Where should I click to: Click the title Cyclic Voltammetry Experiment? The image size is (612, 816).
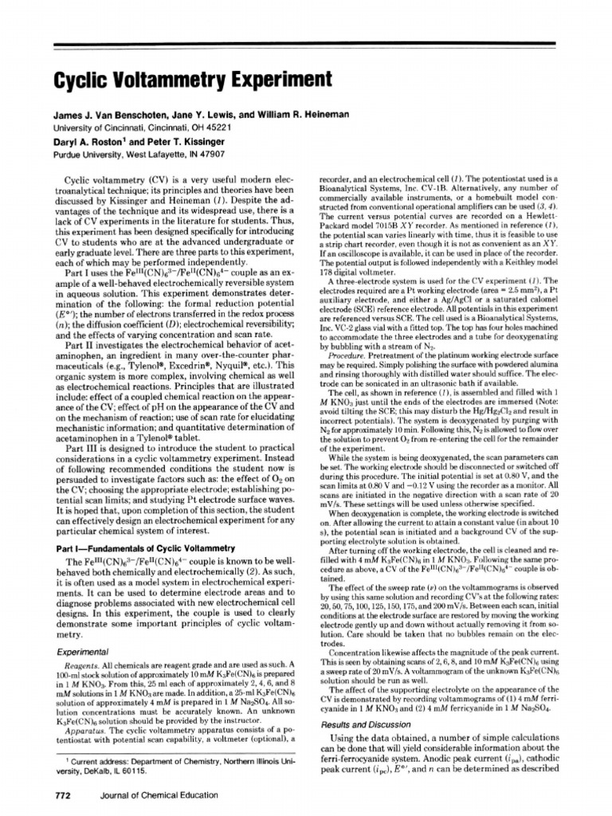179,80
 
